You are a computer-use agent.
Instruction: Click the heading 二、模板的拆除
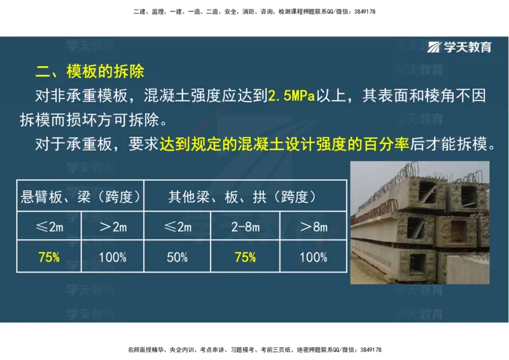click(94, 69)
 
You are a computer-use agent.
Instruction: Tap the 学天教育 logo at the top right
click(459, 46)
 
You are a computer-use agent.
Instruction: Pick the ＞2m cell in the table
click(113, 226)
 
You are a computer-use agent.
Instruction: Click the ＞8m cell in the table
click(313, 226)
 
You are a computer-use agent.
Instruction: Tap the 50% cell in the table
click(177, 258)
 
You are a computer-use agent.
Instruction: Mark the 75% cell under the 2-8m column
click(244, 258)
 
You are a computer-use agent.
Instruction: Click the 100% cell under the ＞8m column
click(313, 258)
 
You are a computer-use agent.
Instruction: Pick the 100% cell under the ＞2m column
click(113, 258)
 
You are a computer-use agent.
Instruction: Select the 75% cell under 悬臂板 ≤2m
click(49, 258)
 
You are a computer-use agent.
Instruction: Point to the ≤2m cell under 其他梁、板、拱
click(177, 226)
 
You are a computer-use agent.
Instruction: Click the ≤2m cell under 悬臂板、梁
click(49, 226)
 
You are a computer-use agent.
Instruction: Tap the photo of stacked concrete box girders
click(420, 223)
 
